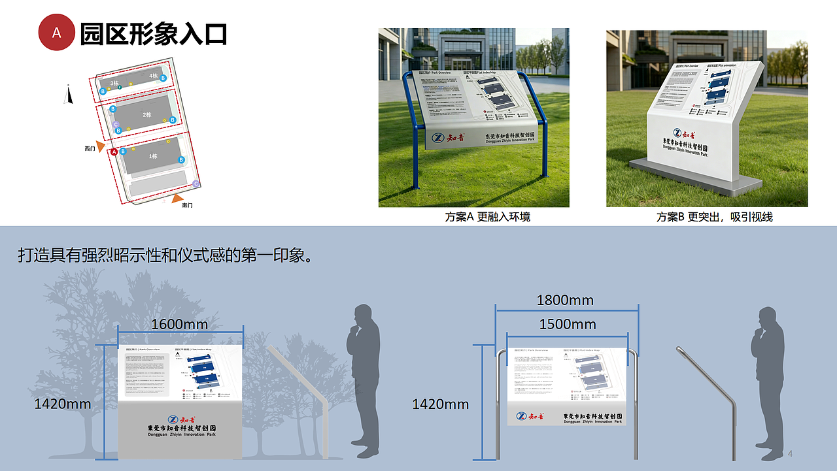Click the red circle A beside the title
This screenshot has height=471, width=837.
pos(57,33)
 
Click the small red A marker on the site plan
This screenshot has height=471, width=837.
pos(114,152)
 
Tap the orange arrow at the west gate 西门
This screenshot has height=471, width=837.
pos(100,145)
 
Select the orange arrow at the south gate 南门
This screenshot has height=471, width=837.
pos(177,197)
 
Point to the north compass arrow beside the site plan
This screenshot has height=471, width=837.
pos(67,95)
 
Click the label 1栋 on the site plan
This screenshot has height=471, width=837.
pos(153,156)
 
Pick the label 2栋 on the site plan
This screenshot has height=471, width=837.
pos(147,115)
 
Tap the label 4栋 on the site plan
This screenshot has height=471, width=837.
pos(153,76)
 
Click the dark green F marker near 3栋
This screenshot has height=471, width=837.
pos(120,88)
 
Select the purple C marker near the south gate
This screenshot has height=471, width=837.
pos(196,184)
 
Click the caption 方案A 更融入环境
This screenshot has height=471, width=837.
pos(488,217)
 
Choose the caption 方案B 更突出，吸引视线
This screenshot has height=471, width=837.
pos(714,217)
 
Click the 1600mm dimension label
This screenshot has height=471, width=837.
pos(179,324)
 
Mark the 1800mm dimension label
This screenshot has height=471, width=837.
pos(565,300)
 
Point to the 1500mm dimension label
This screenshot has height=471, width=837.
pos(567,324)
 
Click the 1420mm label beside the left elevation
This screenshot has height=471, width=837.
pos(62,404)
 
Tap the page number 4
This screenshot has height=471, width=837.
pos(790,454)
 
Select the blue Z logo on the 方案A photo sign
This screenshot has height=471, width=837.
pos(438,138)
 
